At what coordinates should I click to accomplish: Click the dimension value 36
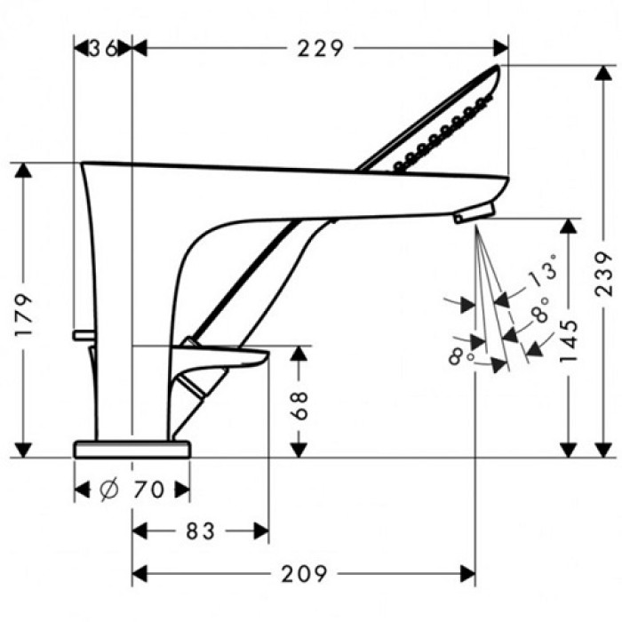point(103,49)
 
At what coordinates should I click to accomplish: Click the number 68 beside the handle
point(300,405)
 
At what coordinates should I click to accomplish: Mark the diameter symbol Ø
point(108,490)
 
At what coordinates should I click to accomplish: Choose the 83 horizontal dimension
point(200,531)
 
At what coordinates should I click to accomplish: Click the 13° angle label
point(544,272)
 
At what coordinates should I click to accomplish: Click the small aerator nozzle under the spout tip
point(470,214)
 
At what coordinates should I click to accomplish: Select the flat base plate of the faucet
point(132,448)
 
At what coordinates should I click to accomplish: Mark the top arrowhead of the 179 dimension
point(25,170)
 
